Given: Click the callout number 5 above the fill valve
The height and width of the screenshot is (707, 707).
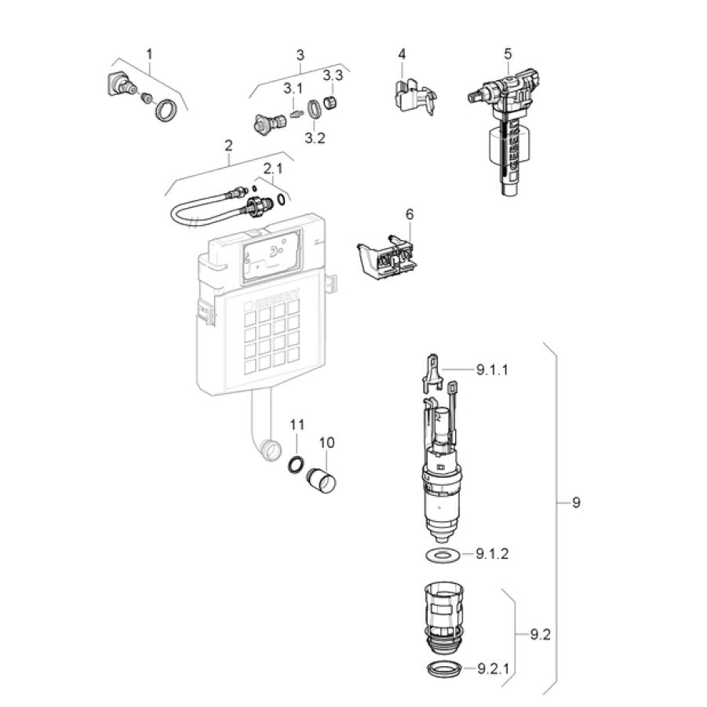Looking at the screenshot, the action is click(508, 54).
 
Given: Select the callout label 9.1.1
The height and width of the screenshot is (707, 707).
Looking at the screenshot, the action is click(492, 370).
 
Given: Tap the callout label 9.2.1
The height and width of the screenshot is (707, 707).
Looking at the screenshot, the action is click(494, 669).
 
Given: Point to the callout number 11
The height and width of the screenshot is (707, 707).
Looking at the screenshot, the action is click(297, 425).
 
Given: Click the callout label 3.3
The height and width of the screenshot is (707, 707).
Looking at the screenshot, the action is click(333, 75).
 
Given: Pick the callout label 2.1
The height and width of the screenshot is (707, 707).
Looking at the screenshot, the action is click(273, 169).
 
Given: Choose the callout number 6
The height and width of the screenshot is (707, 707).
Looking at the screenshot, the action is click(410, 214).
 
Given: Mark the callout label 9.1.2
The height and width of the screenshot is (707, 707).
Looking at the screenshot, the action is click(492, 553).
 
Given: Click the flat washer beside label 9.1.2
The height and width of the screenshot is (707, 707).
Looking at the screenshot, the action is click(443, 555).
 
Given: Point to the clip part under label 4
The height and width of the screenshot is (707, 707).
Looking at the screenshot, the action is click(413, 97).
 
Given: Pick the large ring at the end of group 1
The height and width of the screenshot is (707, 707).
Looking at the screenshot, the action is click(166, 111).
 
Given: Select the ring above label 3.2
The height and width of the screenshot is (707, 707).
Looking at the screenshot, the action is click(314, 110).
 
